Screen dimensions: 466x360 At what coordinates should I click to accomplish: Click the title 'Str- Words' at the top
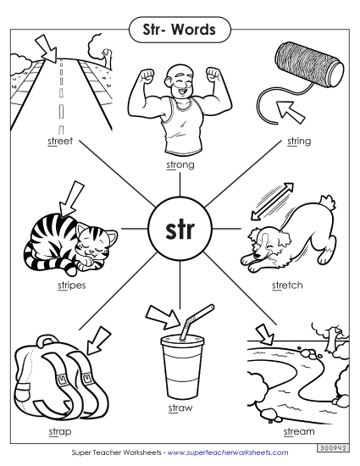180,31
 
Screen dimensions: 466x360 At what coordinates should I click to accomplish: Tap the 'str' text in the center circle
180,230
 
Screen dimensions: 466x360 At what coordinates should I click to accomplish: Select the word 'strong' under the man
180,164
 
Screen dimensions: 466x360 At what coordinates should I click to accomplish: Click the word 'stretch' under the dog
287,285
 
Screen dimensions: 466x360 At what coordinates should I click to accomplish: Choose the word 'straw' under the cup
180,408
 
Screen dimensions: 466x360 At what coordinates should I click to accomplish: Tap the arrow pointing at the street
43,46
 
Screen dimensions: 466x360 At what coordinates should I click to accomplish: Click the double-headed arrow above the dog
277,200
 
